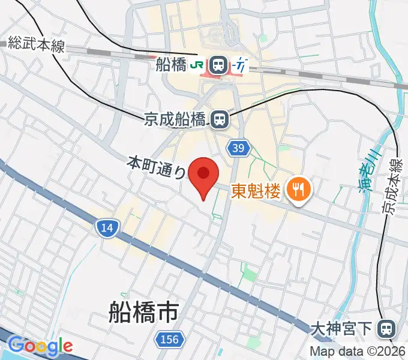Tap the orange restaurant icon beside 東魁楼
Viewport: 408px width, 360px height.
(x=298, y=191)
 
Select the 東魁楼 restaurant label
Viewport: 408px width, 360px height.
(x=256, y=191)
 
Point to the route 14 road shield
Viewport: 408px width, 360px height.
(x=106, y=227)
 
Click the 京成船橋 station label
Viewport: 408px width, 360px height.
(x=175, y=119)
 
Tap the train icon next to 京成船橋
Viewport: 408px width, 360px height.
(x=218, y=120)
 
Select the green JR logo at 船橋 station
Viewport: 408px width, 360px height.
(x=197, y=64)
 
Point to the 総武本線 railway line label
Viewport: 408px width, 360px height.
(x=36, y=45)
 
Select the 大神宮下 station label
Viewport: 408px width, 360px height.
(x=343, y=328)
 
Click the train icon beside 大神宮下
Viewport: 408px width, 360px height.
(x=388, y=328)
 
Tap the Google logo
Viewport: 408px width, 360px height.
(x=40, y=346)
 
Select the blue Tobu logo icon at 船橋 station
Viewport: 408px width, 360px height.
(x=241, y=64)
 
